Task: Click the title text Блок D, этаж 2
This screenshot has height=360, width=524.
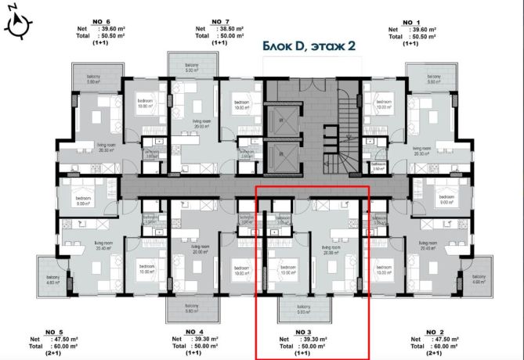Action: click(x=309, y=46)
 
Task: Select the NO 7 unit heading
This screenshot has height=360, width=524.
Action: click(x=222, y=21)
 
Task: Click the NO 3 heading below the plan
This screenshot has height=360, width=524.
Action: click(x=303, y=332)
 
